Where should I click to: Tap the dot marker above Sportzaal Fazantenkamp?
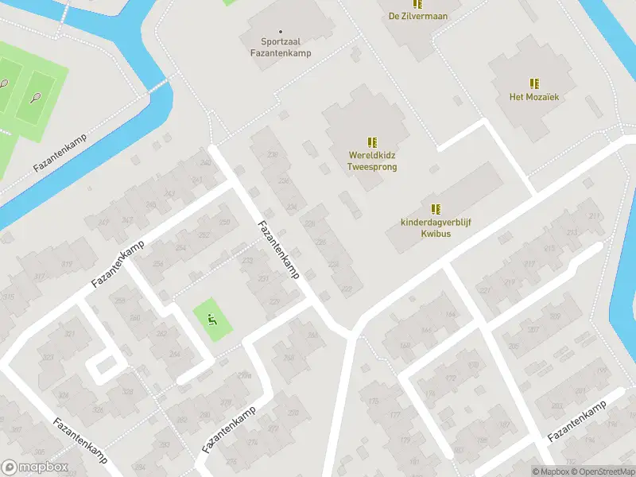tap(280, 32)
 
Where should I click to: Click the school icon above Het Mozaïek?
tap(534, 83)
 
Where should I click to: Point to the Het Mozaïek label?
tap(534, 97)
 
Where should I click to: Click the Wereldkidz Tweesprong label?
tap(372, 161)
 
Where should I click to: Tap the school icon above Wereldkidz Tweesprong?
tap(372, 142)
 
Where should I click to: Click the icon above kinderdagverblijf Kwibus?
tap(436, 209)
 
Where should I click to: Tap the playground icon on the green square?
tap(212, 320)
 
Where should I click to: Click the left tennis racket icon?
tap(3, 83)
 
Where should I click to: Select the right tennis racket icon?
tap(35, 98)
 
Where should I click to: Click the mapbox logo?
tap(34, 468)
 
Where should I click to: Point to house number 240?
tap(206, 163)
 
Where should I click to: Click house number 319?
tap(66, 265)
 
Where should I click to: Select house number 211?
tap(593, 216)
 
